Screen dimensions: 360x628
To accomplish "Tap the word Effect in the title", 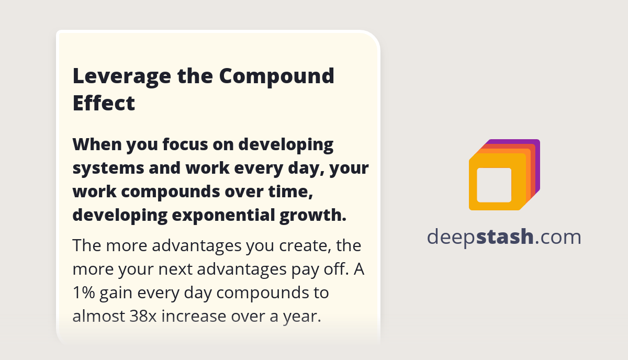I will (x=104, y=103).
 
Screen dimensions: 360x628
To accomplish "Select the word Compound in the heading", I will (x=277, y=76).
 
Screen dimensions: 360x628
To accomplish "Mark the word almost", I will (x=98, y=316).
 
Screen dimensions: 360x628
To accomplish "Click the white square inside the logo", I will (x=494, y=185).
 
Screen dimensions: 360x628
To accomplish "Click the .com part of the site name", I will (x=558, y=237).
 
